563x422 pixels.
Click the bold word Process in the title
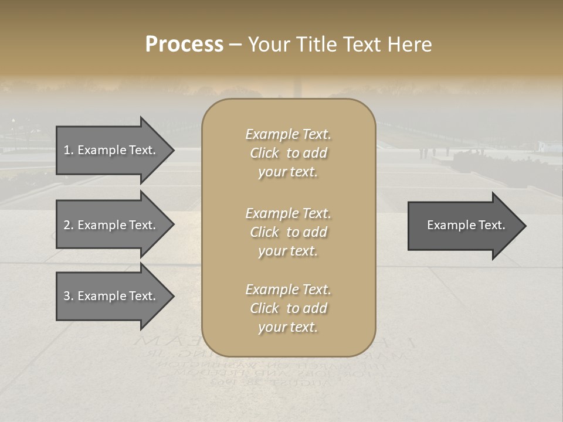184,45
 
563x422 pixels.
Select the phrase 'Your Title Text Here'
340,45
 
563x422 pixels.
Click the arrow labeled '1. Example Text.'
111,150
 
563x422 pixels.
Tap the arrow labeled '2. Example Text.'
111,225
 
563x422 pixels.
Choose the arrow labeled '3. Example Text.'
111,296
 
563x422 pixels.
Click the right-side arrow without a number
463,226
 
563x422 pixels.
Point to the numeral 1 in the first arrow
66,150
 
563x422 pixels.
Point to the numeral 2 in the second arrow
67,225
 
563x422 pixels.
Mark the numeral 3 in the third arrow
67,296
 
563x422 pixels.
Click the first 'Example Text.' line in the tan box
288,134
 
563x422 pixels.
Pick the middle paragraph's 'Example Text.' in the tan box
288,213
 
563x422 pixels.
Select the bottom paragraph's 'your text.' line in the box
288,328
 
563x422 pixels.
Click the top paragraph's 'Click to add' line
288,153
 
